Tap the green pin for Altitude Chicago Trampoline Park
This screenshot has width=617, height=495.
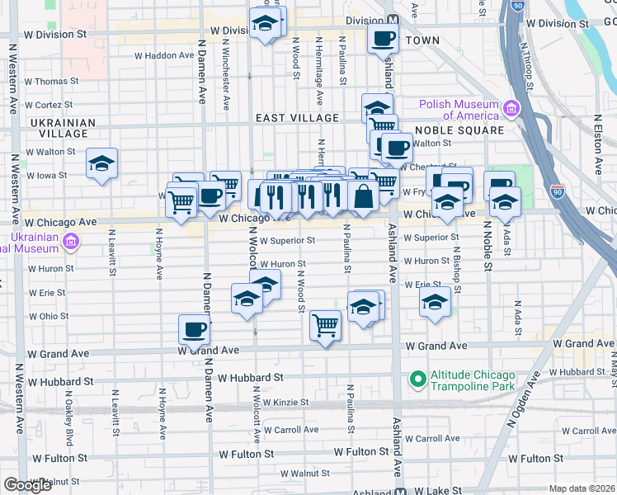pos(417,379)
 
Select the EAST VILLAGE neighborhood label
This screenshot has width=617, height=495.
pos(297,118)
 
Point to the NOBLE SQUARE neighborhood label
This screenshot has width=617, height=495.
pos(459,130)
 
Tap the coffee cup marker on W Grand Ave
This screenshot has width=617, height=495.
pos(195,330)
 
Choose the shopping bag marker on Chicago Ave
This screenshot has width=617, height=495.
pos(363,196)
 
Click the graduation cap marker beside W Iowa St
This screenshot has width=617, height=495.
pos(101,163)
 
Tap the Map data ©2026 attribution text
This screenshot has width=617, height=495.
pos(582,488)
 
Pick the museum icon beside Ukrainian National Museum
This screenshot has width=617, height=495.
pos(71,241)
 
